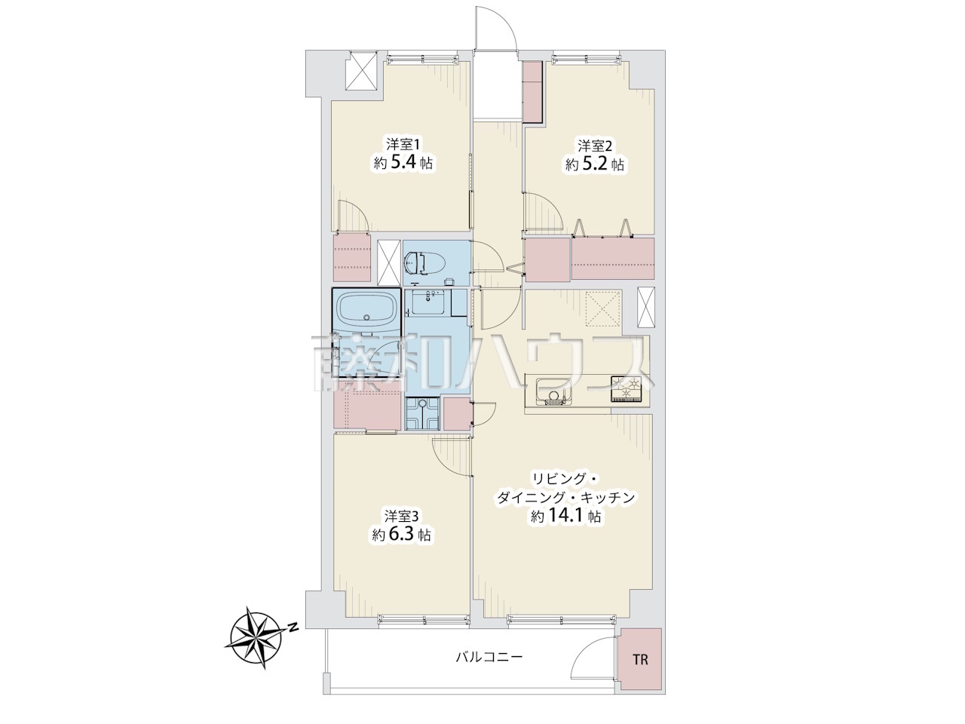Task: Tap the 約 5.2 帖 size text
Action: coord(595,164)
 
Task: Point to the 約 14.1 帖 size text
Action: coord(566,517)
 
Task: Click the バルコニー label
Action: coord(489,670)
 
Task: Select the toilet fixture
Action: coord(421,262)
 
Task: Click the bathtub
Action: coord(367,311)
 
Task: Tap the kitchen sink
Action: coord(555,391)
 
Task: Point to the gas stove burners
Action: coord(626,389)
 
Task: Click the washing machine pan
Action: coord(422,413)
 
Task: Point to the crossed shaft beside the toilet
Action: coord(389,262)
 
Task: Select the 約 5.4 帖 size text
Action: coord(403,163)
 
